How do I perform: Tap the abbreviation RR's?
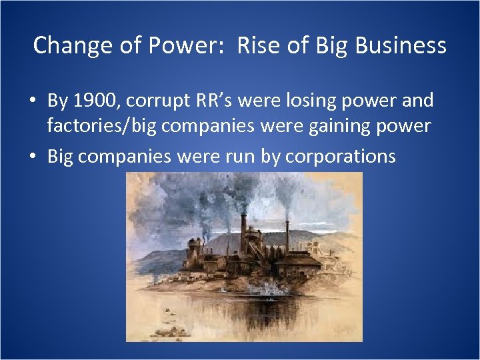(213, 101)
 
